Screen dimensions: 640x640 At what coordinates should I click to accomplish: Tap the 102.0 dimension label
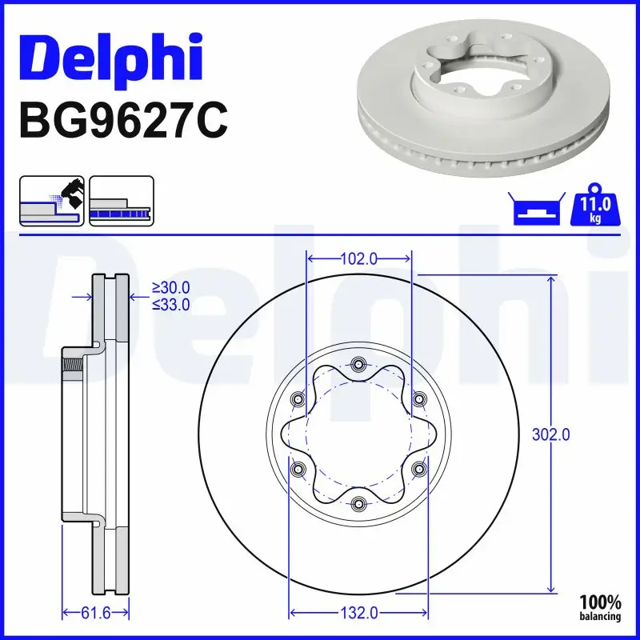pyautogui.click(x=358, y=258)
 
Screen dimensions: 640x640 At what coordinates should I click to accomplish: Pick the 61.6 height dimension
pyautogui.click(x=95, y=613)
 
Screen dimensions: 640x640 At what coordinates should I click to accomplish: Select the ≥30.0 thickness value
pyautogui.click(x=171, y=288)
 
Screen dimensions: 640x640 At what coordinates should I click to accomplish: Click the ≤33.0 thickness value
pyautogui.click(x=171, y=304)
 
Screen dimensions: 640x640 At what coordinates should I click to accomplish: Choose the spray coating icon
pyautogui.click(x=51, y=201)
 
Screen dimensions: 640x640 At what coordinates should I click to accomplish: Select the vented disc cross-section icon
pyautogui.click(x=121, y=201)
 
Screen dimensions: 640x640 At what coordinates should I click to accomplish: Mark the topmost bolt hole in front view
pyautogui.click(x=358, y=366)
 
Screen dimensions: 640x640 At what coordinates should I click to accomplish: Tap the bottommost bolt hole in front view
pyautogui.click(x=358, y=503)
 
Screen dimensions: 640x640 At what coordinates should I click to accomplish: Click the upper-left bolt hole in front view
pyautogui.click(x=299, y=400)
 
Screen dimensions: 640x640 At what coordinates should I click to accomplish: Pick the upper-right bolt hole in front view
pyautogui.click(x=418, y=400)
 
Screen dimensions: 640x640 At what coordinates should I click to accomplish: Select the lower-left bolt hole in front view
pyautogui.click(x=299, y=469)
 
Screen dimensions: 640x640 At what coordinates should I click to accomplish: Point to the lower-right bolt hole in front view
pyautogui.click(x=418, y=469)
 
